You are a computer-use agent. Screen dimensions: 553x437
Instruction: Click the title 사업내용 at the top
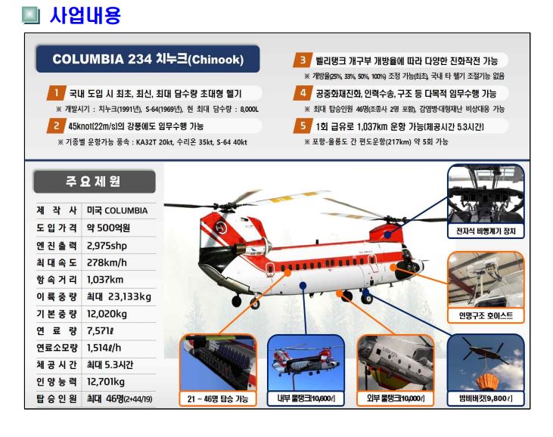coord(85,16)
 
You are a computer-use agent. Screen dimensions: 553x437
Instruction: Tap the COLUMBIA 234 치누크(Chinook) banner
coord(148,59)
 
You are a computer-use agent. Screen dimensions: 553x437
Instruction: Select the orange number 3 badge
coord(303,60)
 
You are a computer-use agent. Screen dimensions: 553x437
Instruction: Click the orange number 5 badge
coord(303,126)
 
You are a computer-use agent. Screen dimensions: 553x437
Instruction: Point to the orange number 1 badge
coord(57,93)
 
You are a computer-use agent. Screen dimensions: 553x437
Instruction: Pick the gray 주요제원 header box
coord(95,181)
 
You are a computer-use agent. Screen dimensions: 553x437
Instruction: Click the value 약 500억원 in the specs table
coord(108,228)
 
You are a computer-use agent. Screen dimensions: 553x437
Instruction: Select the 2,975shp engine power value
coord(107,245)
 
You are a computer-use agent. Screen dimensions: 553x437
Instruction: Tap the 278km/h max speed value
coord(107,262)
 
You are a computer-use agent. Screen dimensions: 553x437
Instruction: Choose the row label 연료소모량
coord(57,348)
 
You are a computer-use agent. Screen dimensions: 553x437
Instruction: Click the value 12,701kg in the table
coord(106,382)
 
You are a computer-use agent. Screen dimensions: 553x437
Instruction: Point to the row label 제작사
coord(57,210)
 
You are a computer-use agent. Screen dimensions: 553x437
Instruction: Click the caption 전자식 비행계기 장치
coord(486,231)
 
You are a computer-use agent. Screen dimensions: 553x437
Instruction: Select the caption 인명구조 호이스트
coord(486,315)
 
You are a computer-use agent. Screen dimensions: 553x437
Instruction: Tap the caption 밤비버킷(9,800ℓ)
coord(486,398)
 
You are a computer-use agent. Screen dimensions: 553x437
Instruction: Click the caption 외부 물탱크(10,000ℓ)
coord(396,398)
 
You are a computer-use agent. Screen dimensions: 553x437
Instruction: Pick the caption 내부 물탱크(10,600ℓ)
coord(306,398)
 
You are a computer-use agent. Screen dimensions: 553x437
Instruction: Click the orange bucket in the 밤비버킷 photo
coord(486,380)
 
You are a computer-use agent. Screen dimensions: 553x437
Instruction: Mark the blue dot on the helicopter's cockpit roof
coord(387,234)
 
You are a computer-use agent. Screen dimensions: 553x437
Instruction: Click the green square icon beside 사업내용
coord(31,16)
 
